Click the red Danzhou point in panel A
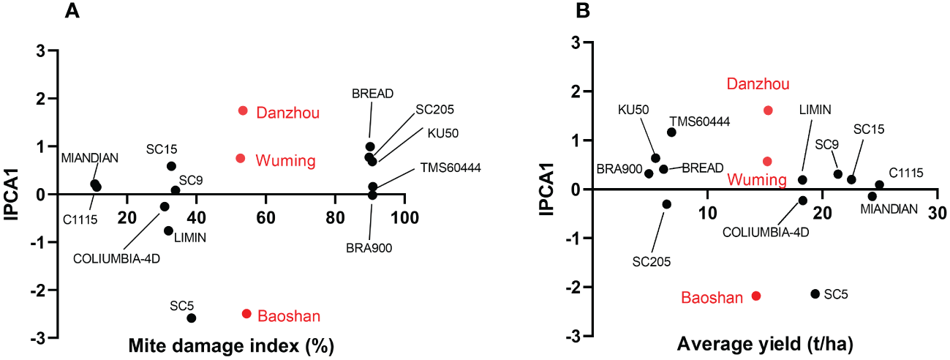243,110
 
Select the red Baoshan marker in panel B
756,296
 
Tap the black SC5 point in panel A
192,318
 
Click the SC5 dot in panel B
815,293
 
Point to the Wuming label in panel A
285,160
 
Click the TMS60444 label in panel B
699,121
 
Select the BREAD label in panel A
372,94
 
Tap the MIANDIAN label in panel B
889,209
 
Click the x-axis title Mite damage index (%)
225,345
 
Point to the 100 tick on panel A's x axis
403,217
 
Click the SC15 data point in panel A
171,166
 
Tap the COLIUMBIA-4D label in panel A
116,258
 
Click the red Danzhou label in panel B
758,84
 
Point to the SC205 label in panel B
652,261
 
